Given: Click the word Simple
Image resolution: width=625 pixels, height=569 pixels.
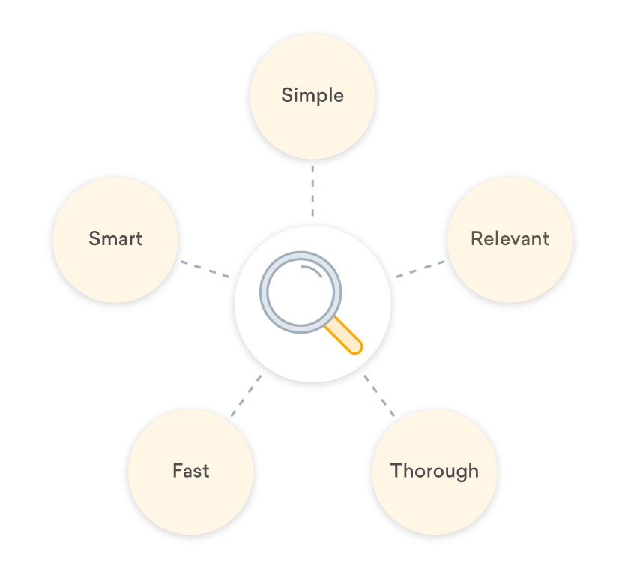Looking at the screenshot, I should (x=312, y=96).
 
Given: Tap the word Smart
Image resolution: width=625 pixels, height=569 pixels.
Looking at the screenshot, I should (x=115, y=239).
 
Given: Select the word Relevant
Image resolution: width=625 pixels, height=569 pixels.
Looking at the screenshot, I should (x=510, y=239).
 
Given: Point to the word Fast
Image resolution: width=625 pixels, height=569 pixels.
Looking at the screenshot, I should (x=190, y=471).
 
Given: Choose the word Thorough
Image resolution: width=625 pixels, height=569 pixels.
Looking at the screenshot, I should (x=434, y=471).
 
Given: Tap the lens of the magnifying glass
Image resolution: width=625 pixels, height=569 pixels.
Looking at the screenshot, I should (x=300, y=293).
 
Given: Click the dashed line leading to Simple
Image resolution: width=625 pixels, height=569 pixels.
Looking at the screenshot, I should (x=312, y=190).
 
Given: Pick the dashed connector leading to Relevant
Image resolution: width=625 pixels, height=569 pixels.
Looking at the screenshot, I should (x=420, y=269).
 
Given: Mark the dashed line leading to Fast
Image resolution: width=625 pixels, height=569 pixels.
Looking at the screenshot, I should (x=246, y=395).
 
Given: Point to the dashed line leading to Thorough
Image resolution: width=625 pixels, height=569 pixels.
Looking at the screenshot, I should (x=379, y=395).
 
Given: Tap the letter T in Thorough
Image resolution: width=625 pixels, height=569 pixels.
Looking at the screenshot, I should (x=396, y=470).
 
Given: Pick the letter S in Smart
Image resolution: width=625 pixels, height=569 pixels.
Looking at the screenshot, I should (x=94, y=239).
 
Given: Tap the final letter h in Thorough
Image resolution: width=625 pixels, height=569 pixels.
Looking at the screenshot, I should (x=473, y=470).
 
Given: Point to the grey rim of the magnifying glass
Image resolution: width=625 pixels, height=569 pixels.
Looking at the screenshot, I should (x=264, y=293).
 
